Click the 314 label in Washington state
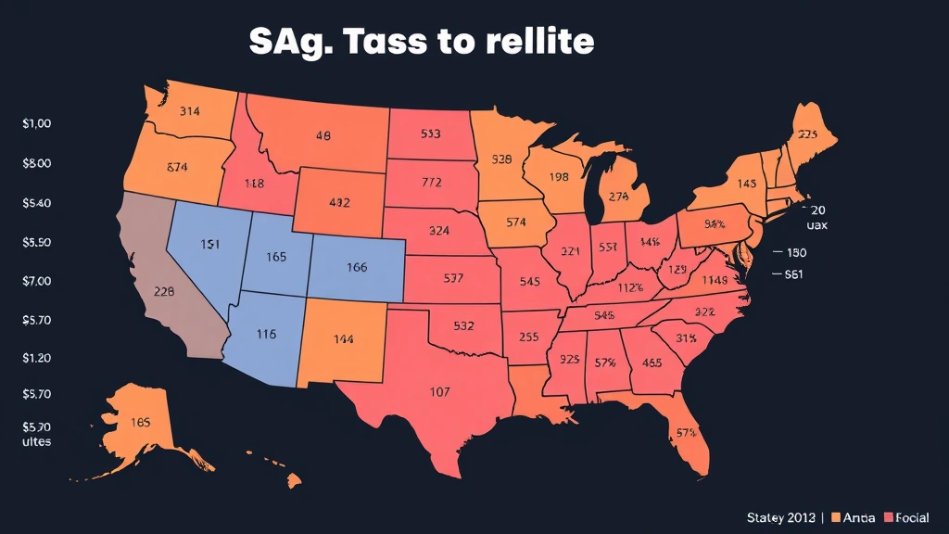click(189, 111)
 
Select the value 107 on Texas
click(440, 391)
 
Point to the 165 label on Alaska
click(141, 422)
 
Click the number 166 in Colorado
click(357, 267)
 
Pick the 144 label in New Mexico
click(343, 339)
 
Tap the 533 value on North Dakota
click(430, 133)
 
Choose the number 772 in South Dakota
click(432, 183)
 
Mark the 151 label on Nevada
click(210, 244)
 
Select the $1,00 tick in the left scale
click(36, 124)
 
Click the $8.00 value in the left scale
click(36, 163)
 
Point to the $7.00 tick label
click(36, 280)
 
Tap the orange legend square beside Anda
click(836, 516)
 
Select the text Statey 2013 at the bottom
click(780, 516)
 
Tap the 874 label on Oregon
click(177, 168)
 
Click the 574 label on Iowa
click(516, 222)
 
